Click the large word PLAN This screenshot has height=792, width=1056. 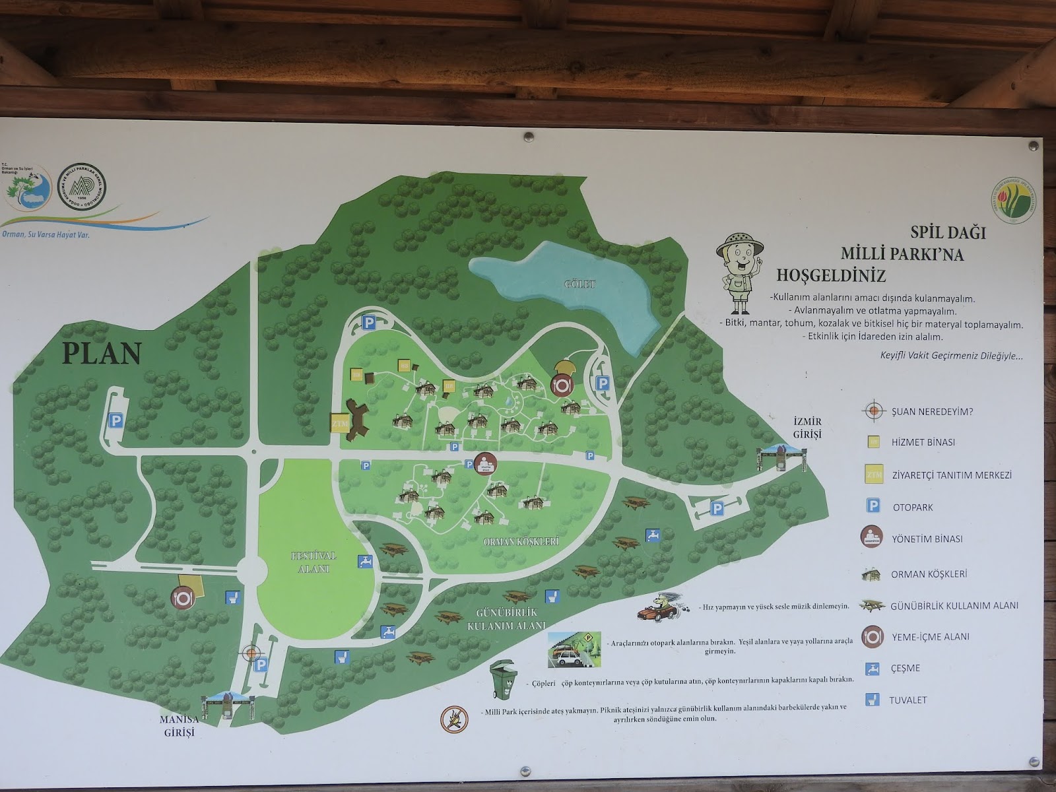click(102, 353)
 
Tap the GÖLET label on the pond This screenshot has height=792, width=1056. click(580, 284)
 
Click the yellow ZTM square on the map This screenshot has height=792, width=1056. click(339, 423)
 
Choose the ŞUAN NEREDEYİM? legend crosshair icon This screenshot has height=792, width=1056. click(873, 411)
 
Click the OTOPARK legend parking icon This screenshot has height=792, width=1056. click(873, 506)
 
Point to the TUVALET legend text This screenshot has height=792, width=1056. click(908, 700)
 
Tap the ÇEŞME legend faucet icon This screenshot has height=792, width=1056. click(873, 668)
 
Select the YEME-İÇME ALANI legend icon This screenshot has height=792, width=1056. click(873, 636)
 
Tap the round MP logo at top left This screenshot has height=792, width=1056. click(82, 187)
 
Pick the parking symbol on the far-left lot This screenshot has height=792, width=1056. click(116, 420)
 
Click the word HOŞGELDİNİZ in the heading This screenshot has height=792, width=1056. click(831, 274)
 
